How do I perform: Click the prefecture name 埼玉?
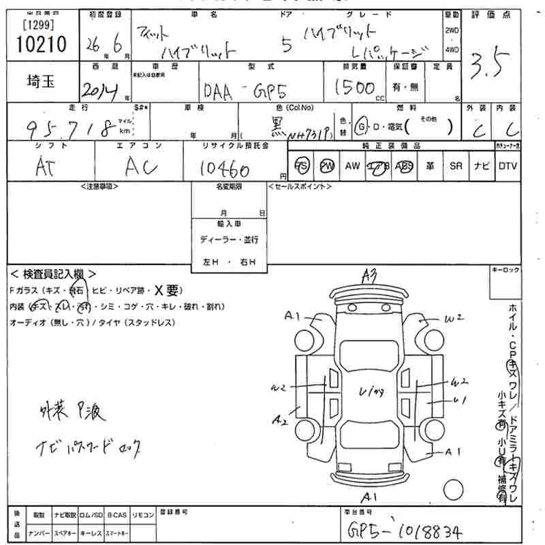36,82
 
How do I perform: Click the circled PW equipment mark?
328,166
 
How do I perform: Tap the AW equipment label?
352,166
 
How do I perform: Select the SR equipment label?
456,166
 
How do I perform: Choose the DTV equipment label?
508,166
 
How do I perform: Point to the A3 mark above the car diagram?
370,275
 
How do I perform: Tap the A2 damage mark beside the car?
279,420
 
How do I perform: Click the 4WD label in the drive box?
452,50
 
